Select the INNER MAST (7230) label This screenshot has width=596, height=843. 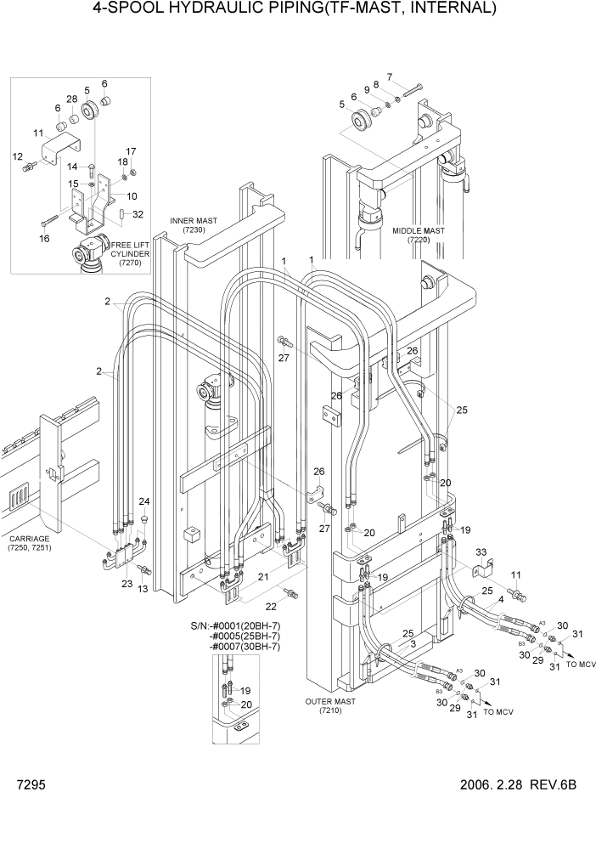194,225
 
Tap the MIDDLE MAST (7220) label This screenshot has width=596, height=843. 419,235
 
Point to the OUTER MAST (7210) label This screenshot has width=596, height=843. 331,705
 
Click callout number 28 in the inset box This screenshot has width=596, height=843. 72,100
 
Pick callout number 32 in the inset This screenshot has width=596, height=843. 138,214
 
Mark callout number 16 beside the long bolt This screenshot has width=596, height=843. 44,239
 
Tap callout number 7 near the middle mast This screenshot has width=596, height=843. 390,77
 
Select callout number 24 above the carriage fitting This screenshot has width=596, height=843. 144,501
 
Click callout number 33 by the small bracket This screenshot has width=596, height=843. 481,553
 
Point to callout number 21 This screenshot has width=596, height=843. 264,578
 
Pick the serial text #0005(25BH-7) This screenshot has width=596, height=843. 245,636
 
